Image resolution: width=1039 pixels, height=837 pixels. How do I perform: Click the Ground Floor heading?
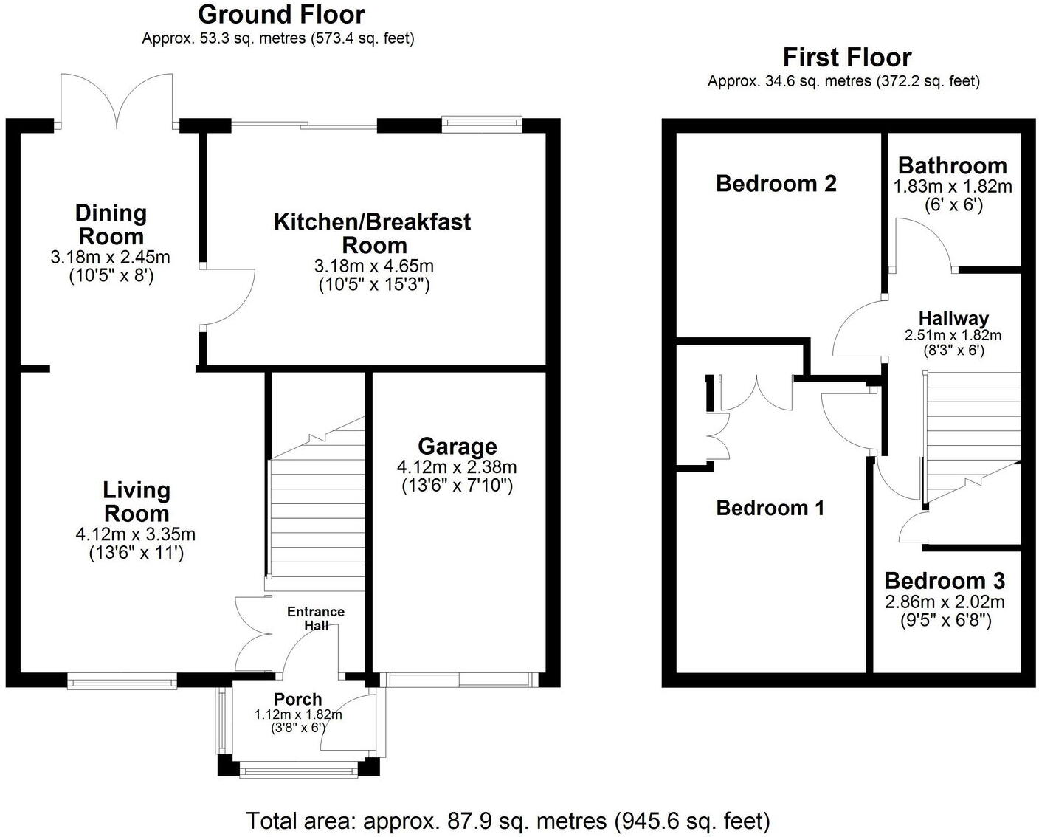click(280, 15)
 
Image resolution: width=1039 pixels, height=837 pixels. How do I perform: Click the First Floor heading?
click(846, 58)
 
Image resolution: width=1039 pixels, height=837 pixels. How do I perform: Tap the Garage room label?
click(457, 447)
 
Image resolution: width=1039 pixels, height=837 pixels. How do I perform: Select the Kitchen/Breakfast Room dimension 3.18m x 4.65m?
click(373, 266)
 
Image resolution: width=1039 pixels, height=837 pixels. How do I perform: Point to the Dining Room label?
click(111, 224)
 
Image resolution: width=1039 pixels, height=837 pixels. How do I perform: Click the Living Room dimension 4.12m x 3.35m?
click(136, 534)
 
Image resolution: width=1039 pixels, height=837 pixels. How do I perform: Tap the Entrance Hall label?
click(315, 619)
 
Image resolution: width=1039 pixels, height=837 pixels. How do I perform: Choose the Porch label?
click(297, 699)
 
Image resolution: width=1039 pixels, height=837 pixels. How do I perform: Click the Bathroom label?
click(952, 165)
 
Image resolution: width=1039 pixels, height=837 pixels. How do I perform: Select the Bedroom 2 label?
click(776, 183)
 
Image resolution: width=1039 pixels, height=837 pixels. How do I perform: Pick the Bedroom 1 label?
click(770, 508)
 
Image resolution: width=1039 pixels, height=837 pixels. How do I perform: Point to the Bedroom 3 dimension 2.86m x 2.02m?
click(945, 602)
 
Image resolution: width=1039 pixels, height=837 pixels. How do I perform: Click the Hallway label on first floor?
click(953, 318)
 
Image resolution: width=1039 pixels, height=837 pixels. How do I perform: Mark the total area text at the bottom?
click(508, 820)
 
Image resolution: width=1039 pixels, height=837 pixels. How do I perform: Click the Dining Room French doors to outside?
click(117, 101)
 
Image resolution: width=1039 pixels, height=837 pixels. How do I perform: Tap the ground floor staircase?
click(317, 509)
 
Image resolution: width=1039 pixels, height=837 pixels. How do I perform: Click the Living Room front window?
click(122, 681)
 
